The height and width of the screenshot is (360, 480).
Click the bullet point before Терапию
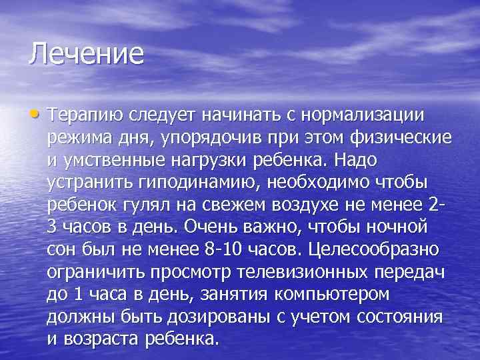pyautogui.click(x=35, y=115)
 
